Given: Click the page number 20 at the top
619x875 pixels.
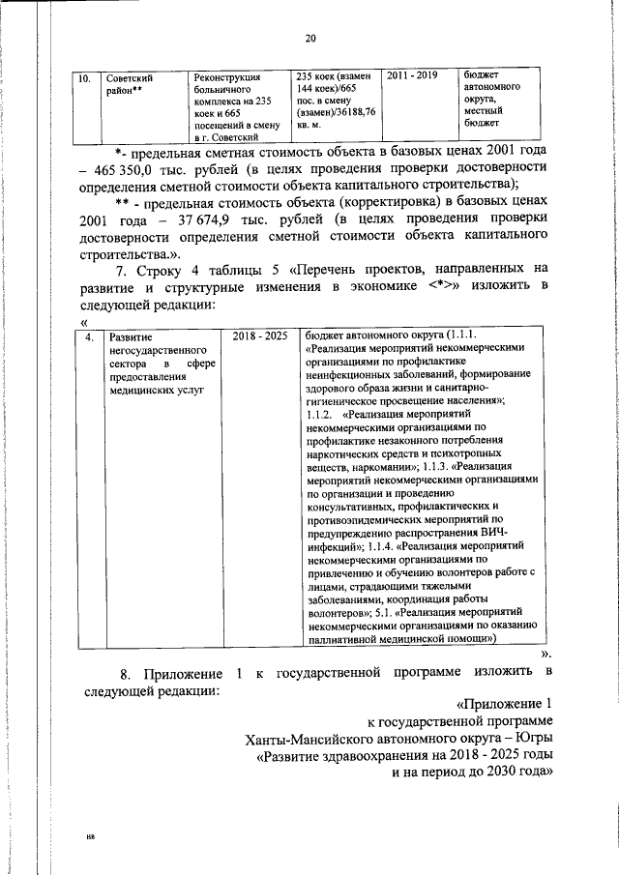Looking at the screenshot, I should [309, 38].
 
